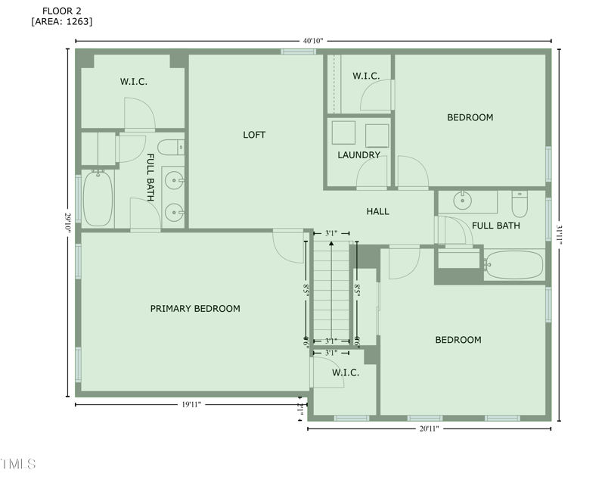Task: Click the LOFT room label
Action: pos(254,135)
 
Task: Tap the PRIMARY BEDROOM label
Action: pos(195,308)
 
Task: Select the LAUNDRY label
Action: pos(358,155)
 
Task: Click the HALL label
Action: pos(377,211)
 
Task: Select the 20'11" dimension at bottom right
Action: pos(428,428)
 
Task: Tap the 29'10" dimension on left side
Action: pos(67,223)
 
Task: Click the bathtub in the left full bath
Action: pos(98,199)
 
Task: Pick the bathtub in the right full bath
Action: pos(514,265)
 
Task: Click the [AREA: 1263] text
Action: pos(62,21)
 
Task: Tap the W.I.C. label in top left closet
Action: pos(133,81)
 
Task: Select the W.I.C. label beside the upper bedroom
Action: pos(366,76)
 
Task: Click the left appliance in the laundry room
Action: pos(344,133)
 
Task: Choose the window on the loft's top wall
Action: pos(298,51)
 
